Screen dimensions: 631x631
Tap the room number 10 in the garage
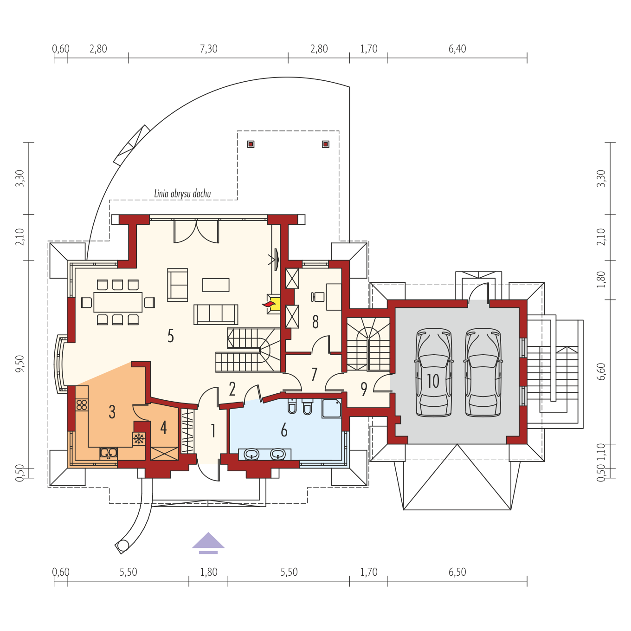click(x=433, y=381)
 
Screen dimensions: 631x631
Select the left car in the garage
click(x=434, y=373)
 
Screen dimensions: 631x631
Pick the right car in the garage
click(x=483, y=373)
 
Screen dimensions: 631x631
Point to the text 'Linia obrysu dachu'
click(x=182, y=194)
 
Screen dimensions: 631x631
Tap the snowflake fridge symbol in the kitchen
click(x=139, y=439)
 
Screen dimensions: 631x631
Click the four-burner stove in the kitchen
click(x=82, y=404)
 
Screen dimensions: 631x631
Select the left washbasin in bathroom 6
click(x=251, y=454)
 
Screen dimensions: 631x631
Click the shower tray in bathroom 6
click(x=331, y=408)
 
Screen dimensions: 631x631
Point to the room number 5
click(x=171, y=336)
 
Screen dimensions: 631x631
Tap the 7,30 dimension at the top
click(x=209, y=49)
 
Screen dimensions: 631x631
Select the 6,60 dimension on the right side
click(x=601, y=372)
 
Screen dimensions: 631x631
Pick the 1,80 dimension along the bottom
click(x=209, y=572)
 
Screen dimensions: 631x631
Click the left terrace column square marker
click(x=251, y=144)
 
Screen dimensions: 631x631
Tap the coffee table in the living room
click(x=216, y=285)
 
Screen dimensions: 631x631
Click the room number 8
click(x=315, y=322)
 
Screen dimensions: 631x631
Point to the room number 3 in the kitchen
click(x=112, y=412)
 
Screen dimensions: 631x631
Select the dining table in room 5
click(x=118, y=302)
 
